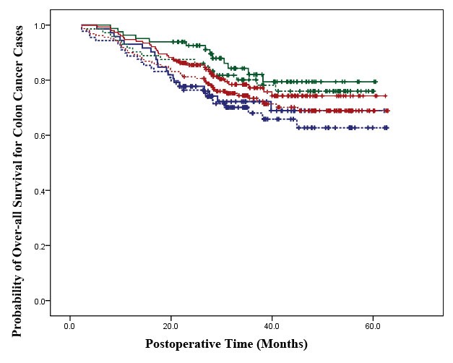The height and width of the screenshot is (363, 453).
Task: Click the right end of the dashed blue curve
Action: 388,127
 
